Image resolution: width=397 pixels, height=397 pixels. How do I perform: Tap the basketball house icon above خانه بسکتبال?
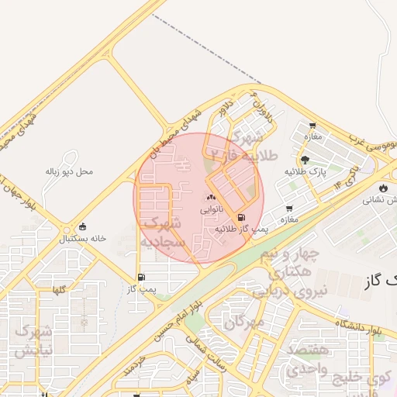click(83, 227)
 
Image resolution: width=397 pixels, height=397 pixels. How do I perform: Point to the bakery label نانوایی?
click(212, 209)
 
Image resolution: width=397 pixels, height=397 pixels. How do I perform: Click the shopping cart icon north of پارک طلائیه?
click(312, 126)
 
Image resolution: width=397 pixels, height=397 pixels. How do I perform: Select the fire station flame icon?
click(383, 188)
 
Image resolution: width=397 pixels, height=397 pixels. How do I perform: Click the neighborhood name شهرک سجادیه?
click(164, 233)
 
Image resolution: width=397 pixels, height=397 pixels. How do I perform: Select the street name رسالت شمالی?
click(212, 357)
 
